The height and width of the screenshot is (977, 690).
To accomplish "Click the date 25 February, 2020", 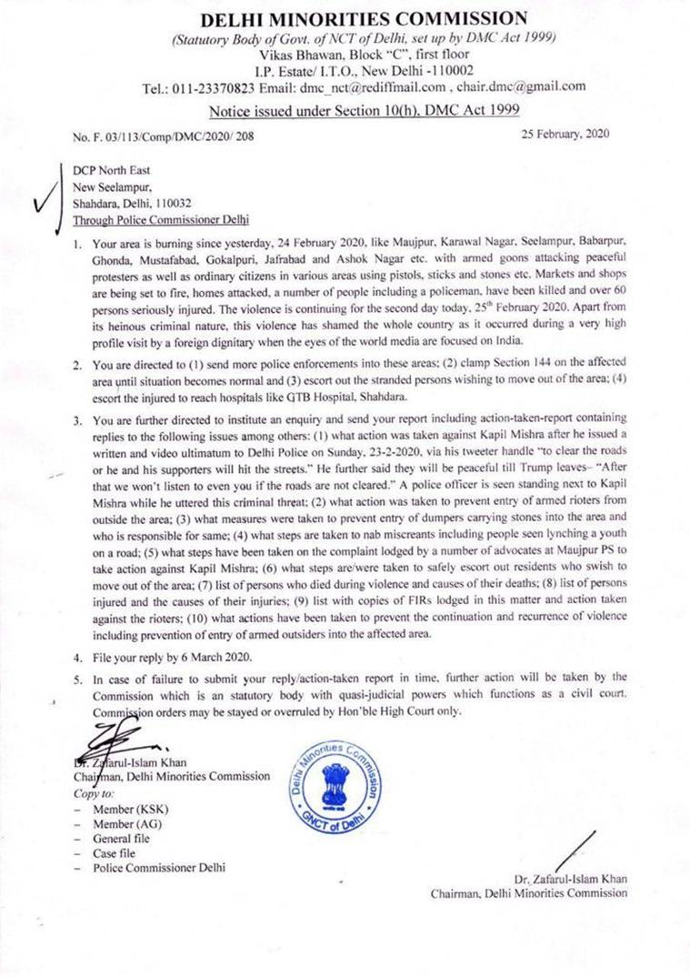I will pyautogui.click(x=565, y=134).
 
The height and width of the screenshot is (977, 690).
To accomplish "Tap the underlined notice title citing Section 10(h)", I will pyautogui.click(x=364, y=111).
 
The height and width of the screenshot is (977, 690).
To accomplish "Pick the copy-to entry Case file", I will pyautogui.click(x=115, y=853).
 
